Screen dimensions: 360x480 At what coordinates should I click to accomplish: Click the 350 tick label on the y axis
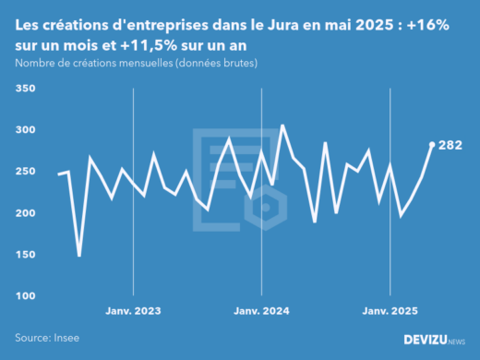click(25, 89)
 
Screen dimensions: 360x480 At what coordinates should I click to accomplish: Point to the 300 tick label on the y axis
click(25, 130)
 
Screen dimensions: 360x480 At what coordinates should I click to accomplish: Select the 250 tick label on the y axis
click(25, 172)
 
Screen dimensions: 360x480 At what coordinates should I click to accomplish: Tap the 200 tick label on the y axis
click(25, 213)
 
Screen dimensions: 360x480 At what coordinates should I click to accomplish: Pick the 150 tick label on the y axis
click(25, 255)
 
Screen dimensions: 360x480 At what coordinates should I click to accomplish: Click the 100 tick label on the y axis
click(25, 296)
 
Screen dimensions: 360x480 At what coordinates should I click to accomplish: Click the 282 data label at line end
click(450, 145)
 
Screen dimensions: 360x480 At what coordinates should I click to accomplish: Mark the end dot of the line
click(432, 144)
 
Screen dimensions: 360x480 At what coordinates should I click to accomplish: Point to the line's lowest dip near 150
click(79, 255)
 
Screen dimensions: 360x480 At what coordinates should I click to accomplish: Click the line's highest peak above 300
click(282, 126)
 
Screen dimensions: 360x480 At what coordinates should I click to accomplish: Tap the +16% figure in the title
click(426, 27)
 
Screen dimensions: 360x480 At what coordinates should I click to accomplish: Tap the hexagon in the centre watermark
click(265, 207)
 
